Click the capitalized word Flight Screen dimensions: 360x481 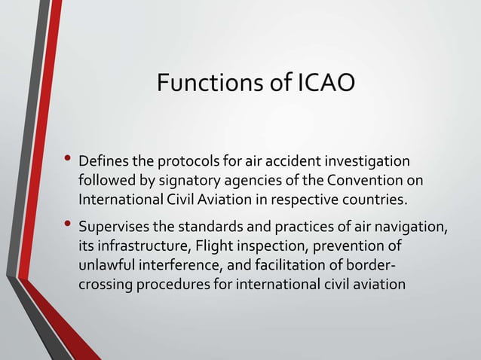(215, 246)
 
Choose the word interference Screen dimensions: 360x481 (176, 266)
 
